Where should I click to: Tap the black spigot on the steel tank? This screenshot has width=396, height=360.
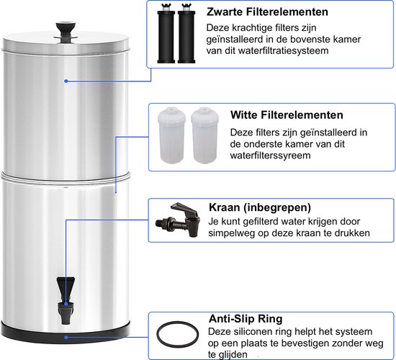[x=65, y=294]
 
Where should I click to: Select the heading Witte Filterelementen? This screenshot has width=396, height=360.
[x=277, y=115]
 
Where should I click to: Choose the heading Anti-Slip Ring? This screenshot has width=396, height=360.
[x=245, y=318]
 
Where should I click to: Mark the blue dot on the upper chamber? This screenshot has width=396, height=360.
[x=66, y=81]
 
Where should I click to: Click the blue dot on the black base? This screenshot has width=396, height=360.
[x=66, y=336]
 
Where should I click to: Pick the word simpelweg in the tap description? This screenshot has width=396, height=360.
[x=235, y=234]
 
